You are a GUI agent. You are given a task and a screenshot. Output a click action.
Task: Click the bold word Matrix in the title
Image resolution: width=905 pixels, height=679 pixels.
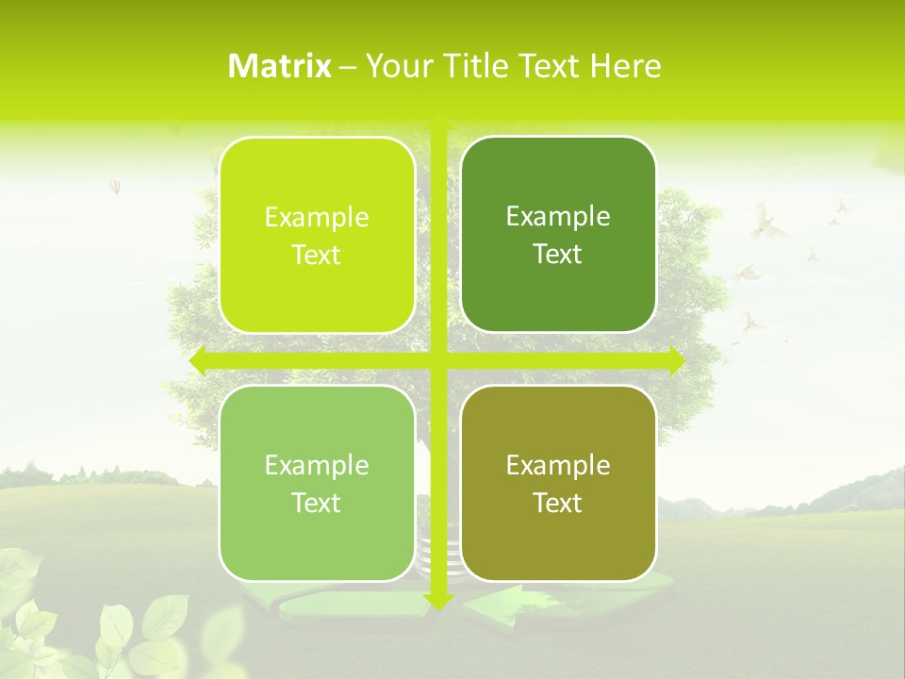coord(280,66)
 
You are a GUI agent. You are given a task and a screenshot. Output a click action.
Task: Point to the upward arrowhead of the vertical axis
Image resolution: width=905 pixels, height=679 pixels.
coord(437,124)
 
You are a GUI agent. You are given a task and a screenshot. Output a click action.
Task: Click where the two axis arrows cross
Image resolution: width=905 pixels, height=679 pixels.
coord(437,360)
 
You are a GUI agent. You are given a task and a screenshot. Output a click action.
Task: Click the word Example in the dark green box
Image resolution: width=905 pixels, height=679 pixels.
coord(558,216)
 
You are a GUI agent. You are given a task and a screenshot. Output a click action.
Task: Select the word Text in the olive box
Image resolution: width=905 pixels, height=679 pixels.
coord(558,503)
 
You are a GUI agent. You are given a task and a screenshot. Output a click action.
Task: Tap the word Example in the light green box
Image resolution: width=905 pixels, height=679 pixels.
coord(317,465)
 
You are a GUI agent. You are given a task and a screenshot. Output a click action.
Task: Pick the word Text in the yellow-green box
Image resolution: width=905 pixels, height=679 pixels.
coord(317,255)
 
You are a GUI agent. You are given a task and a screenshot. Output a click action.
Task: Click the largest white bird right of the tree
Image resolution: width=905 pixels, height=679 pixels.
coord(766,224)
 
